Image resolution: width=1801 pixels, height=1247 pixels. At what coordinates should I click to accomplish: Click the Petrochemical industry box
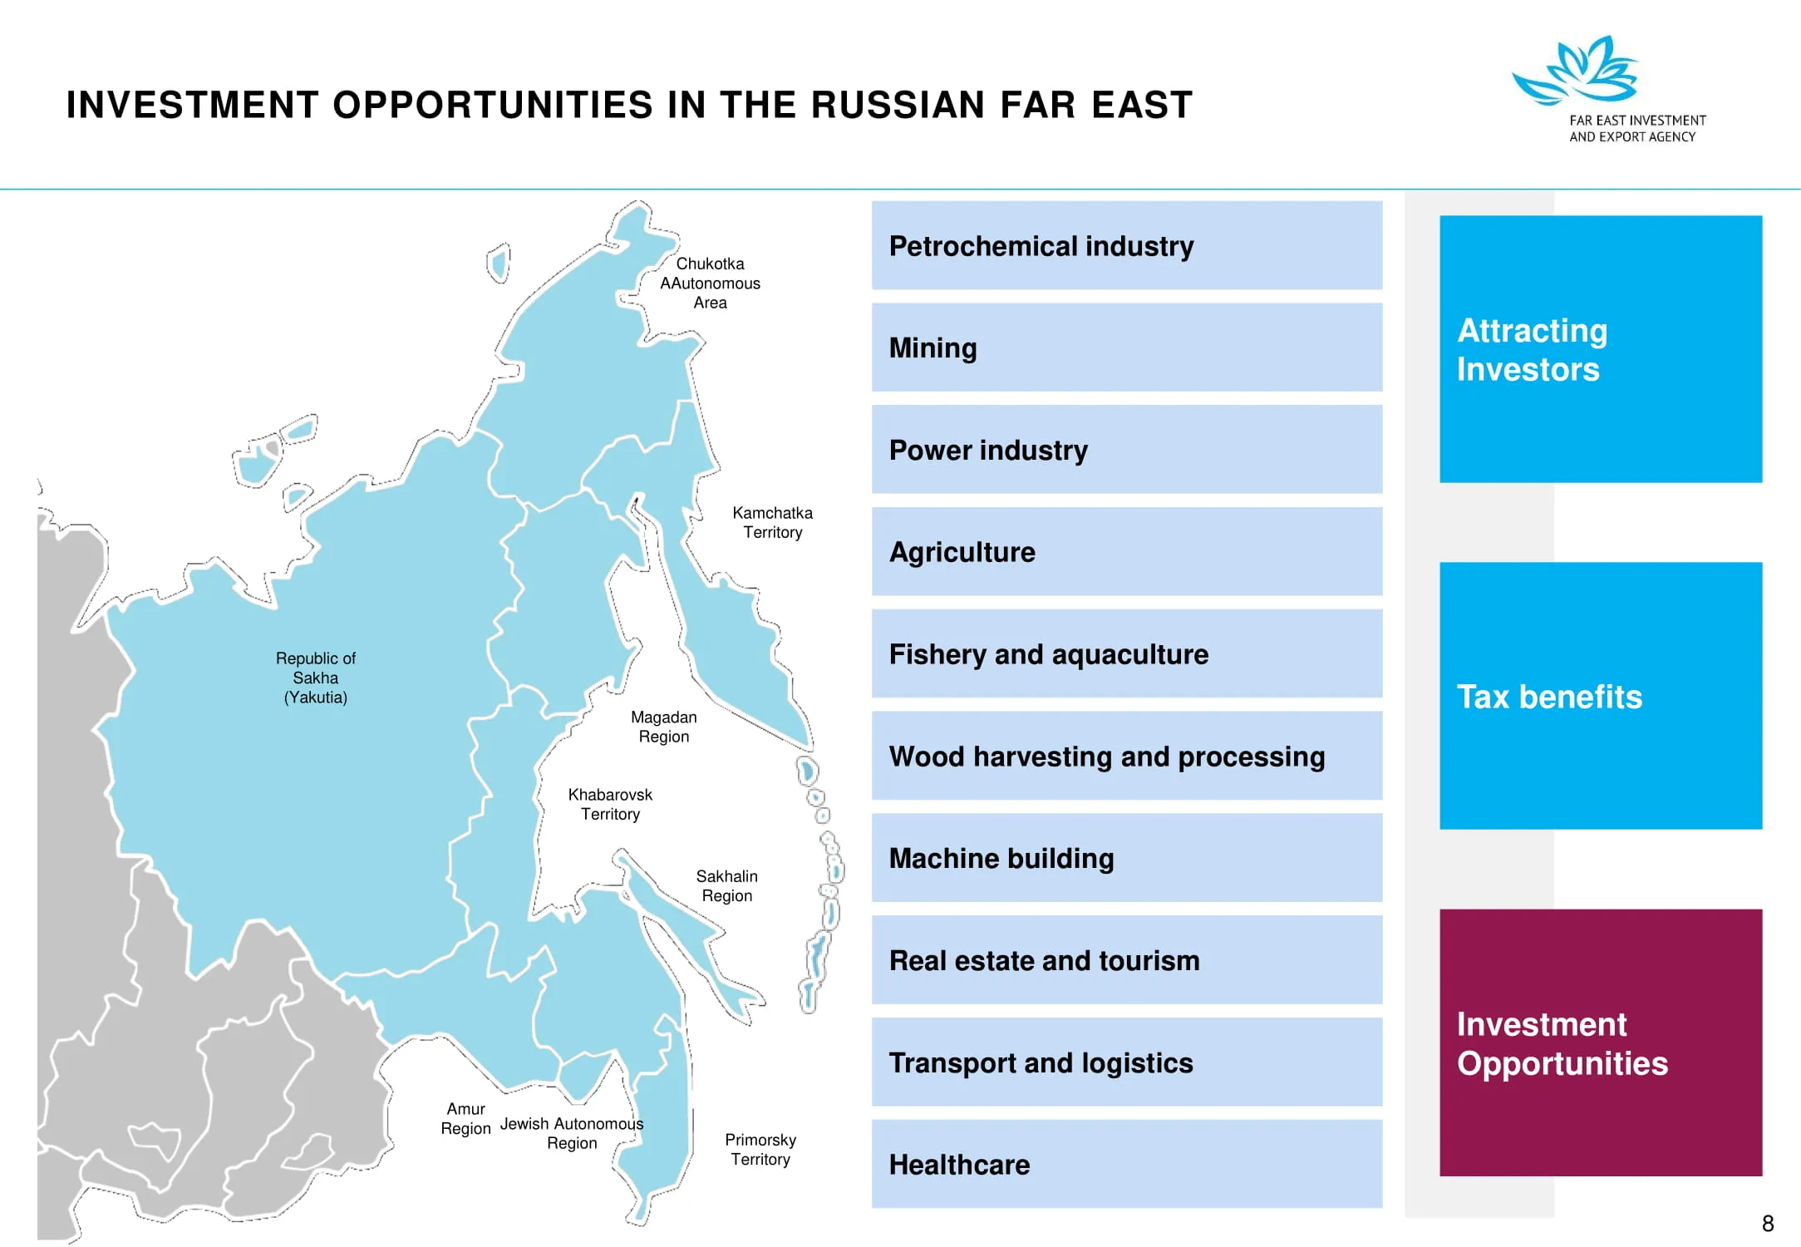[x=1127, y=245]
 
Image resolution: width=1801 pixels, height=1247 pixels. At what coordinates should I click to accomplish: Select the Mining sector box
[x=1127, y=347]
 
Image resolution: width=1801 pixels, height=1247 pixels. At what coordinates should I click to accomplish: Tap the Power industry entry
[x=1127, y=450]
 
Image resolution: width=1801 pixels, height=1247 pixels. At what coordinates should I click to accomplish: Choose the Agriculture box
[x=1127, y=551]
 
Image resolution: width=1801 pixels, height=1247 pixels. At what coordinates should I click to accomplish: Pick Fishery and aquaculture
[x=1127, y=653]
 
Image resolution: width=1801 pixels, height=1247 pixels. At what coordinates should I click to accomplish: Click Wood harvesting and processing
[x=1127, y=756]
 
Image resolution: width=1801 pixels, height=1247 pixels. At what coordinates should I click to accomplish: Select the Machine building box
[x=1127, y=858]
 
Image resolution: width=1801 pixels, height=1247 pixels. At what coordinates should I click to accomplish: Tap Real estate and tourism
[x=1127, y=960]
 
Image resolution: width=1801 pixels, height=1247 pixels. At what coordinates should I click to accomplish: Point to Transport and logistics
[x=1127, y=1062]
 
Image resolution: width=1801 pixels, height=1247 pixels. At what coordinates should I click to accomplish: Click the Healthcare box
[x=1127, y=1164]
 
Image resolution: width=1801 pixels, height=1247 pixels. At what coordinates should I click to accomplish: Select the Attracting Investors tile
[x=1601, y=349]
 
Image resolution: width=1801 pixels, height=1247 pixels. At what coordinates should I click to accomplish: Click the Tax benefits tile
[x=1601, y=696]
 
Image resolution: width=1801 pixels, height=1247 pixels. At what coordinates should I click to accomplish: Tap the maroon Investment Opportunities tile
[x=1601, y=1042]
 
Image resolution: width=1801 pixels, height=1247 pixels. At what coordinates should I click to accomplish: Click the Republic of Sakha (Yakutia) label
[x=316, y=678]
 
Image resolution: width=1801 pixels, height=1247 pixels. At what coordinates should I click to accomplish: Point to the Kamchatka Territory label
[x=773, y=522]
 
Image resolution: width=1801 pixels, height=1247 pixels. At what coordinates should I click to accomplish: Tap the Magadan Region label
[x=664, y=727]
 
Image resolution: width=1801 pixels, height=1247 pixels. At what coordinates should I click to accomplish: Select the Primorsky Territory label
[x=760, y=1149]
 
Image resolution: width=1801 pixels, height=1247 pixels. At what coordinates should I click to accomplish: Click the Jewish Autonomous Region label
[x=572, y=1133]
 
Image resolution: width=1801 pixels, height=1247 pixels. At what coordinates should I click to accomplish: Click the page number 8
[x=1768, y=1224]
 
